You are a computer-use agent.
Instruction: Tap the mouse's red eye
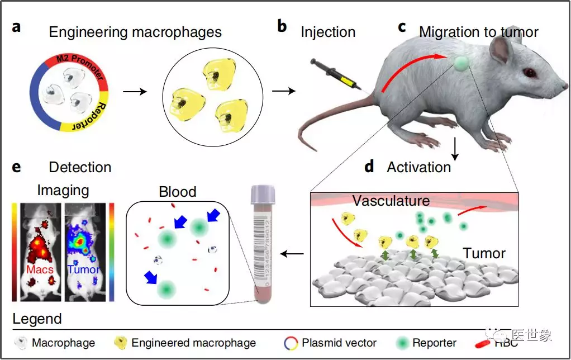[528, 74]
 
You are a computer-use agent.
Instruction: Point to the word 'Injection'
[328, 32]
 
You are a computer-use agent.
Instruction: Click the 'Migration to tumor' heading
[478, 32]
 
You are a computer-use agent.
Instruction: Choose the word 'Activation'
[418, 167]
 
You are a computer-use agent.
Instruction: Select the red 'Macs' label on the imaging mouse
[40, 270]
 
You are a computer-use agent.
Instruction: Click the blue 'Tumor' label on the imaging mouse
[84, 270]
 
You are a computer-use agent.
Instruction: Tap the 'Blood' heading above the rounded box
[178, 192]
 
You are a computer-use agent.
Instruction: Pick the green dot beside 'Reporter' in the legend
[402, 343]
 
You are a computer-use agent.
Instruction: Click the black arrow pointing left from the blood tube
[292, 254]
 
